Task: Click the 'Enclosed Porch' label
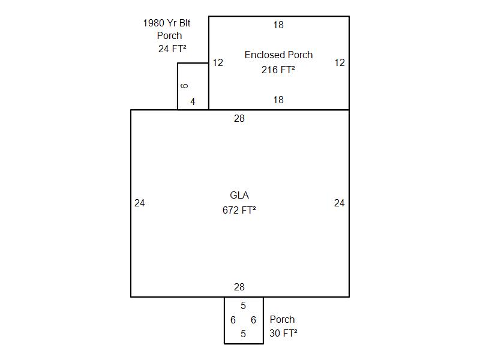click(278, 55)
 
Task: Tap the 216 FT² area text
click(278, 70)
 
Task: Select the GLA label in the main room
click(239, 195)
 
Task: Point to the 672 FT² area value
click(239, 210)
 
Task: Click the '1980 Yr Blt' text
click(167, 23)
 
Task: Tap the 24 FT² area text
click(172, 49)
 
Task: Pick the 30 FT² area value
click(283, 334)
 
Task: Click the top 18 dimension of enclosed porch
click(278, 25)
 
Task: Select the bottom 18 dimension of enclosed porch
click(278, 100)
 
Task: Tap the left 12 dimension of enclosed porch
click(218, 62)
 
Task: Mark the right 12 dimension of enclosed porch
click(340, 62)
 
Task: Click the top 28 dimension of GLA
click(239, 119)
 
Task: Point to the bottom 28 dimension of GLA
click(239, 287)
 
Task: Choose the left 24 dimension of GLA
click(140, 203)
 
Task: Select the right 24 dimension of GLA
click(340, 203)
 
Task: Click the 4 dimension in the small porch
click(193, 102)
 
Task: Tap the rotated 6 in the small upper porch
click(185, 86)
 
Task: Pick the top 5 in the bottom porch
click(243, 306)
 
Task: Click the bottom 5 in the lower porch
click(243, 334)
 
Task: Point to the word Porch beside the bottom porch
click(282, 320)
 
